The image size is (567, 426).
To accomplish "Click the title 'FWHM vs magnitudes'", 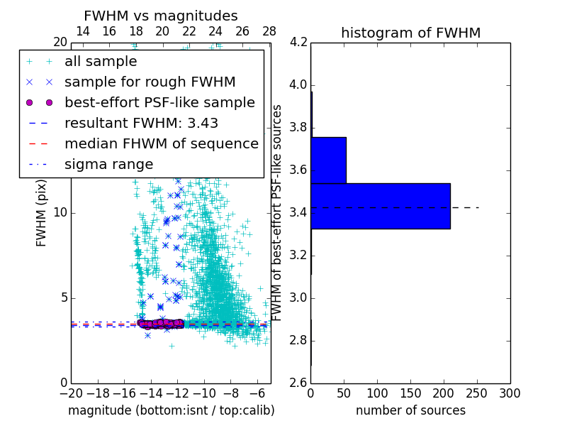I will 161,16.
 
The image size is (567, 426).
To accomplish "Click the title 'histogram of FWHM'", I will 410,33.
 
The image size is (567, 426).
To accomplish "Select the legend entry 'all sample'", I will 101,62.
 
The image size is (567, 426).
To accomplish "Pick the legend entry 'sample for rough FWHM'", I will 150,82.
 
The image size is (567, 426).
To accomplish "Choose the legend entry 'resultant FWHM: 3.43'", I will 141,123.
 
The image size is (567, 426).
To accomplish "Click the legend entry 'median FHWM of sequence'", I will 161,143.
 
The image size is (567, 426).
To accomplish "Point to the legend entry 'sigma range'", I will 108,164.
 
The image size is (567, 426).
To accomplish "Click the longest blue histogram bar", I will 381,206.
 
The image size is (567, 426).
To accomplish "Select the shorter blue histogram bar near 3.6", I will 328,160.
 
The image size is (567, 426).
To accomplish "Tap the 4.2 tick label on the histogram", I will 298,43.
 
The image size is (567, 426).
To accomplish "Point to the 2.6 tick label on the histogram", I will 298,383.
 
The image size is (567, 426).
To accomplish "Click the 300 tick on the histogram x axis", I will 510,393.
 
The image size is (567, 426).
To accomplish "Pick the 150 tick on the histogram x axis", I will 410,393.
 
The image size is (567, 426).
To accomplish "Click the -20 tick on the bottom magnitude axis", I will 71,393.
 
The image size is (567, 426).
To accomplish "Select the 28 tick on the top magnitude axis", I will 269,31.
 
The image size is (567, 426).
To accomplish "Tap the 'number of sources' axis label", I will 410,410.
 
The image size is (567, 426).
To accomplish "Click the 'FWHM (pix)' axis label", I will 42,213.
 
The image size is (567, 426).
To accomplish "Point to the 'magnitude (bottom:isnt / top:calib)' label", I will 171,410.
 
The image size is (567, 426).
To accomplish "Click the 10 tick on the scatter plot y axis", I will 61,213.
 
